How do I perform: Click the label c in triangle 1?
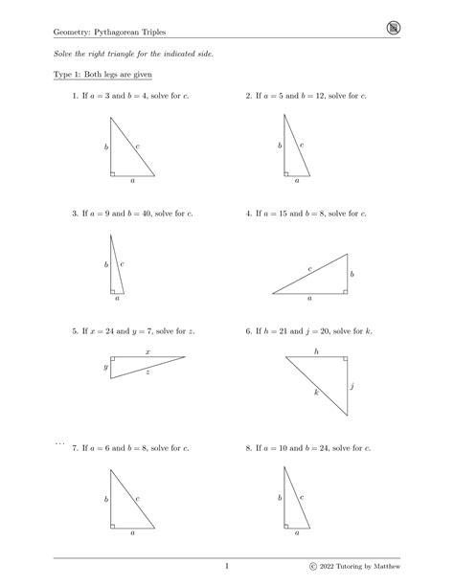coord(138,147)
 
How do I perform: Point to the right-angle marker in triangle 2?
coord(286,173)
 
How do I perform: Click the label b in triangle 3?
coord(105,263)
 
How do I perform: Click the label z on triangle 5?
coord(148,373)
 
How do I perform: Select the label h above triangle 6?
coord(315,351)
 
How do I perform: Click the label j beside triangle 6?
coord(352,386)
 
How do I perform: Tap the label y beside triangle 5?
coord(105,367)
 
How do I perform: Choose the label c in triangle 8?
coord(303,497)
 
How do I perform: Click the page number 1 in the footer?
coord(227,568)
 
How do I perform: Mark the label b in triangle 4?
coord(352,274)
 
